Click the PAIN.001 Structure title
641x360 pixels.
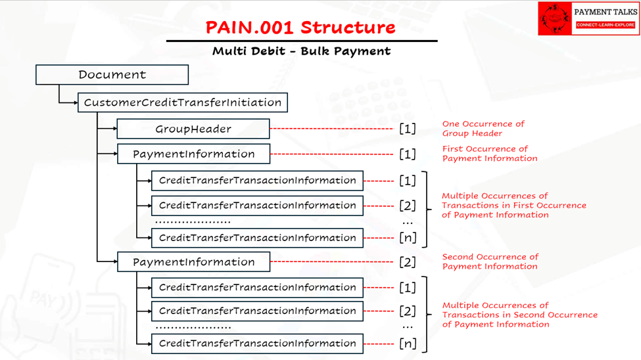(300, 28)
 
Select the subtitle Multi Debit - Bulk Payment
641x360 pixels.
(301, 51)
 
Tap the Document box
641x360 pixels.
(112, 75)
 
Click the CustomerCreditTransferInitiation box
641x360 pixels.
(182, 102)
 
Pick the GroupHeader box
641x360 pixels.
(193, 129)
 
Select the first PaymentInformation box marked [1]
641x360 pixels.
(193, 154)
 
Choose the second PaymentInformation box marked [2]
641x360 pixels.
(193, 261)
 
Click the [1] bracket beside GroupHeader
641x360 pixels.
(408, 129)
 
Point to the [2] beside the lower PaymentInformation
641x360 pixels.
(408, 262)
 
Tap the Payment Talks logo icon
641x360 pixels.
(554, 18)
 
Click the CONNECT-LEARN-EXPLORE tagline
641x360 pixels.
(605, 25)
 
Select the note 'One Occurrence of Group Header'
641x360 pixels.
(483, 129)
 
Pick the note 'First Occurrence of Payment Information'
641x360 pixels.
(489, 154)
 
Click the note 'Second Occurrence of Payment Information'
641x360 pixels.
(490, 261)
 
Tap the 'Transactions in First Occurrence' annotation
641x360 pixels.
(513, 205)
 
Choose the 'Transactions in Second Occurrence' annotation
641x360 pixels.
(519, 315)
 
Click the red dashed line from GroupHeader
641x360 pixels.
(332, 129)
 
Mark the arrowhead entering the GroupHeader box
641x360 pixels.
(114, 129)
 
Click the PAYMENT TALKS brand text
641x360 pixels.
(605, 12)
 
